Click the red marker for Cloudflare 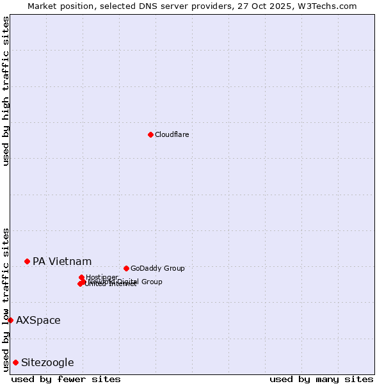[x=150, y=134]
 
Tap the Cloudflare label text [x=172, y=134]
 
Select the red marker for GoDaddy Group [x=126, y=268]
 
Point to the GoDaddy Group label [x=157, y=268]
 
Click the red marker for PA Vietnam [x=27, y=261]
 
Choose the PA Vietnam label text [x=62, y=261]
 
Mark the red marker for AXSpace [x=10, y=320]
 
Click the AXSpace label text [x=38, y=320]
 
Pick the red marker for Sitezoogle [x=15, y=362]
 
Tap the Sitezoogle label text [x=47, y=362]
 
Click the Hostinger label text [x=102, y=277]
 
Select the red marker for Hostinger [x=81, y=278]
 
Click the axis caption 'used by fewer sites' [x=66, y=379]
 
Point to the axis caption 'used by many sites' [x=321, y=379]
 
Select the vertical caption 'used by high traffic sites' [x=6, y=91]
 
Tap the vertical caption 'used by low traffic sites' [x=6, y=300]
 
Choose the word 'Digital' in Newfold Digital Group [x=128, y=282]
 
